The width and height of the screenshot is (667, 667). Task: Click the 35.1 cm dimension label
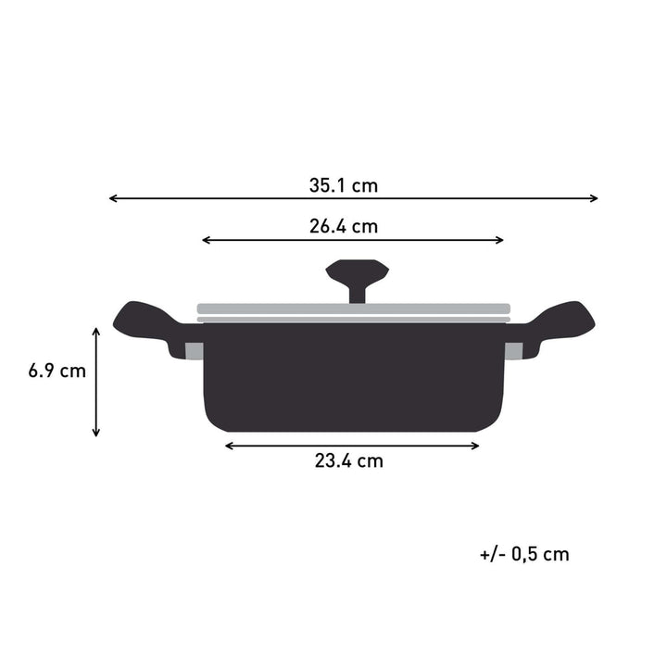click(x=343, y=185)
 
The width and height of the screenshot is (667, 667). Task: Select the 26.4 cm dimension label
click(x=343, y=226)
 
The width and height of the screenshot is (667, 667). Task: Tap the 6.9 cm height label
click(x=57, y=371)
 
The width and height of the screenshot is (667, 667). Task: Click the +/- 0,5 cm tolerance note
click(x=524, y=554)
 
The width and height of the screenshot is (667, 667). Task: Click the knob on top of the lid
click(x=357, y=275)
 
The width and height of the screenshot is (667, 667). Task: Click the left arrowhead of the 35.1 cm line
click(x=112, y=198)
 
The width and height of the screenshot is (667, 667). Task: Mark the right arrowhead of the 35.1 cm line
click(x=595, y=198)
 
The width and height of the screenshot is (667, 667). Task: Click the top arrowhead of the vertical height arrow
click(x=95, y=329)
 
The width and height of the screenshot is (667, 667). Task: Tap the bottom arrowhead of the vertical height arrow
click(x=95, y=433)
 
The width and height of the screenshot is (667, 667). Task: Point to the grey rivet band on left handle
click(x=195, y=351)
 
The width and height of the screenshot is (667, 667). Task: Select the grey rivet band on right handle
click(x=513, y=351)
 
